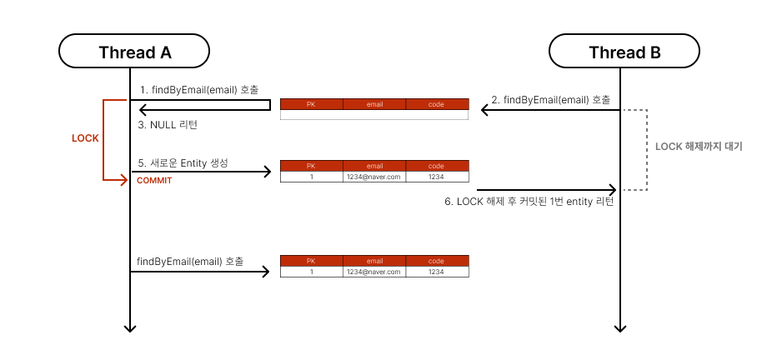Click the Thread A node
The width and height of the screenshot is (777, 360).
point(134,52)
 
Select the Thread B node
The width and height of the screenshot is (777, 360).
point(624,52)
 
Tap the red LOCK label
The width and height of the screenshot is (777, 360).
point(85,137)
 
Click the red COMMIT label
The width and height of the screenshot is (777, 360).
point(153,180)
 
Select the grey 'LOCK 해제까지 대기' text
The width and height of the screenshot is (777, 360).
point(699,147)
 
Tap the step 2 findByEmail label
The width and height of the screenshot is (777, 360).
point(551,100)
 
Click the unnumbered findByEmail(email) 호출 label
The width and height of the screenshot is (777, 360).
point(190,262)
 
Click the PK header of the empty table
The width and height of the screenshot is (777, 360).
point(311,105)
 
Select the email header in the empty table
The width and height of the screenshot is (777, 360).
point(374,105)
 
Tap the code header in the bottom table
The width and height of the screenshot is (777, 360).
point(437,261)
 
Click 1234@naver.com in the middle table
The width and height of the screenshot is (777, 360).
point(374,177)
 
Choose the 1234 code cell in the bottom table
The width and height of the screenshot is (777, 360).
point(437,272)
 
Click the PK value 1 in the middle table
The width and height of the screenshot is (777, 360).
point(311,177)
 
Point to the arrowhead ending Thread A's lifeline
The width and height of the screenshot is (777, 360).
point(130,328)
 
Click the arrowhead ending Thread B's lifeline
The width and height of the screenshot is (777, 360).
point(619,328)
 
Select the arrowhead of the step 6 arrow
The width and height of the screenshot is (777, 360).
point(613,189)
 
